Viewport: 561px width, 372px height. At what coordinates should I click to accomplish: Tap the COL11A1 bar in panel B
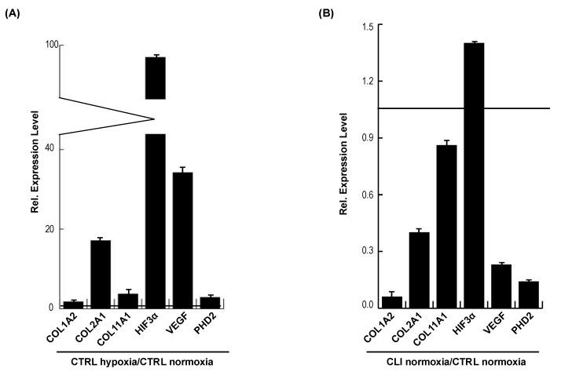coord(447,227)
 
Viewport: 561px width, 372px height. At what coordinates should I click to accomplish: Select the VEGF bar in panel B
coord(501,286)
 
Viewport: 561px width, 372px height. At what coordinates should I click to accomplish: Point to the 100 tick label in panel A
coord(51,45)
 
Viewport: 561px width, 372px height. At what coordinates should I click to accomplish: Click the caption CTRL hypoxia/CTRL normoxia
coord(141,361)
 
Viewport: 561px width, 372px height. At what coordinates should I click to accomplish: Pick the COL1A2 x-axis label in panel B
coord(386,326)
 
